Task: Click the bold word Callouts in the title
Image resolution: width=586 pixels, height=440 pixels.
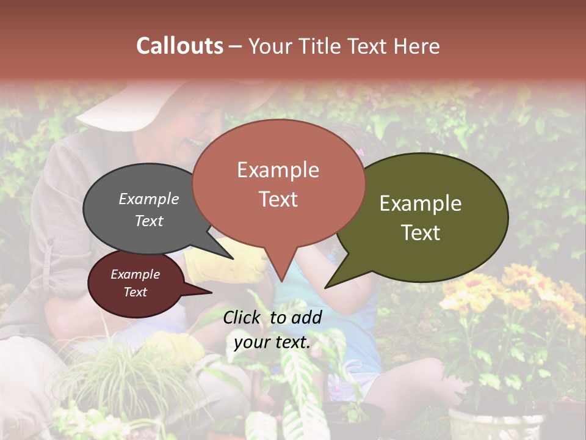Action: click(x=179, y=46)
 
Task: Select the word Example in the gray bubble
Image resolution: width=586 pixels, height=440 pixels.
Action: click(x=149, y=199)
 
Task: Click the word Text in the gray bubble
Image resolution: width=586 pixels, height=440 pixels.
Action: click(x=149, y=221)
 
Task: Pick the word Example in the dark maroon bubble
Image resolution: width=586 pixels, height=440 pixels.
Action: click(x=135, y=274)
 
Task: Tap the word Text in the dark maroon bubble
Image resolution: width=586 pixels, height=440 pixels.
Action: click(x=135, y=292)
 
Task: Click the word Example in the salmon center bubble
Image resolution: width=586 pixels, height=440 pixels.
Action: click(x=278, y=169)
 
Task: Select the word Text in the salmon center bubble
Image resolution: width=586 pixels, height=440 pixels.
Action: click(x=278, y=199)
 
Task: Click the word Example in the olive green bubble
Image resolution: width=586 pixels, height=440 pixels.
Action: click(x=421, y=204)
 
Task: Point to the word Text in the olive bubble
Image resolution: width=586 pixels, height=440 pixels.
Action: click(x=421, y=233)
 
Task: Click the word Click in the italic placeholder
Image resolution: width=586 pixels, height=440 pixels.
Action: click(x=244, y=317)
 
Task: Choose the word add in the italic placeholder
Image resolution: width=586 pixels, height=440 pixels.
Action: click(x=307, y=317)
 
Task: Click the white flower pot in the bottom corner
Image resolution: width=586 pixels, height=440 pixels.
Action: click(x=494, y=425)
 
